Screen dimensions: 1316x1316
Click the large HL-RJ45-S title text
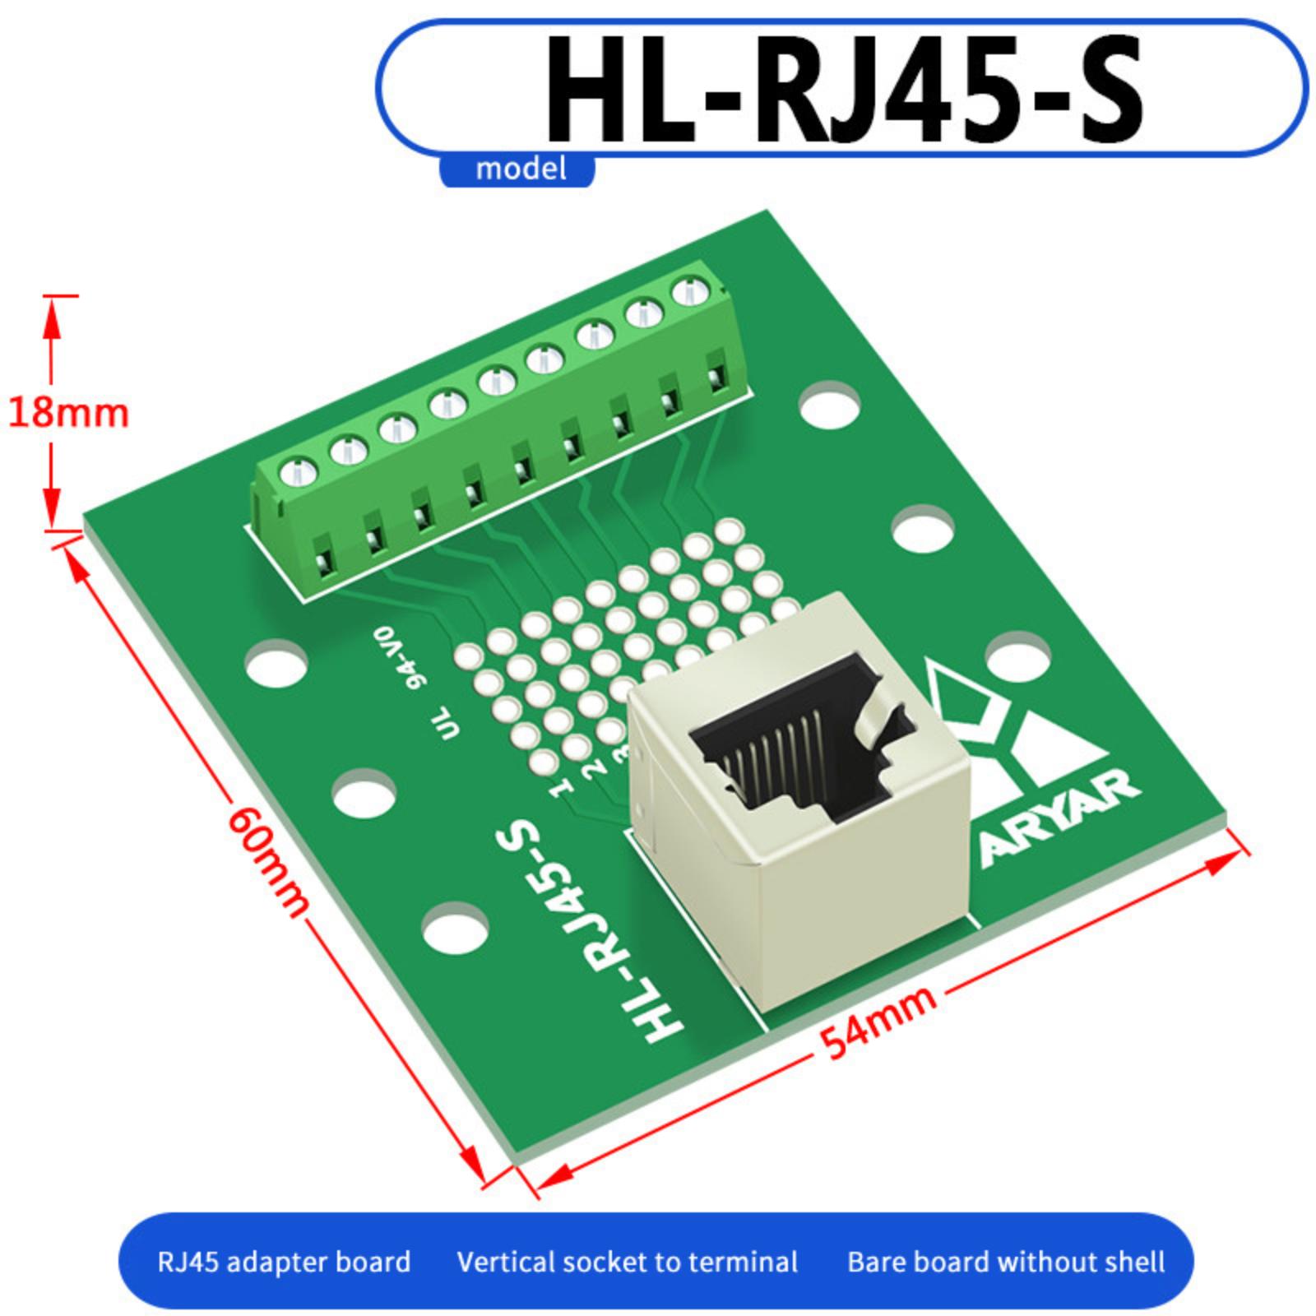pyautogui.click(x=845, y=88)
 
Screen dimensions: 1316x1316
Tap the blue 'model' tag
pyautogui.click(x=521, y=169)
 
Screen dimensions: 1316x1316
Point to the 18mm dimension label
pyautogui.click(x=68, y=412)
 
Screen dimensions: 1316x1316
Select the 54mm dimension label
pyautogui.click(x=878, y=1021)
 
